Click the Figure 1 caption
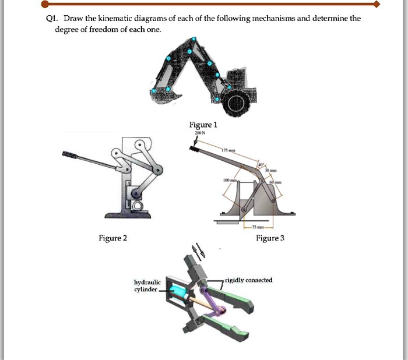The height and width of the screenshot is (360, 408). point(202,125)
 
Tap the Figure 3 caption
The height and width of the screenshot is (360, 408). point(270,238)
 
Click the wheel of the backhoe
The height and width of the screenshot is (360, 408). point(237,103)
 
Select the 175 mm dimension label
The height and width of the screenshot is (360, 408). point(228,151)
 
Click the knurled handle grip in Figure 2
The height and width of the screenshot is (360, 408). point(70,156)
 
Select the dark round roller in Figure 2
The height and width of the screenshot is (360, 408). point(135,193)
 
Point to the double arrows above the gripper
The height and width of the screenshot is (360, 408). point(199,251)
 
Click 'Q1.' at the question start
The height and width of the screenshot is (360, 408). point(52,19)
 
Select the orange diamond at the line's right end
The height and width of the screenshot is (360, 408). point(377,4)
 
